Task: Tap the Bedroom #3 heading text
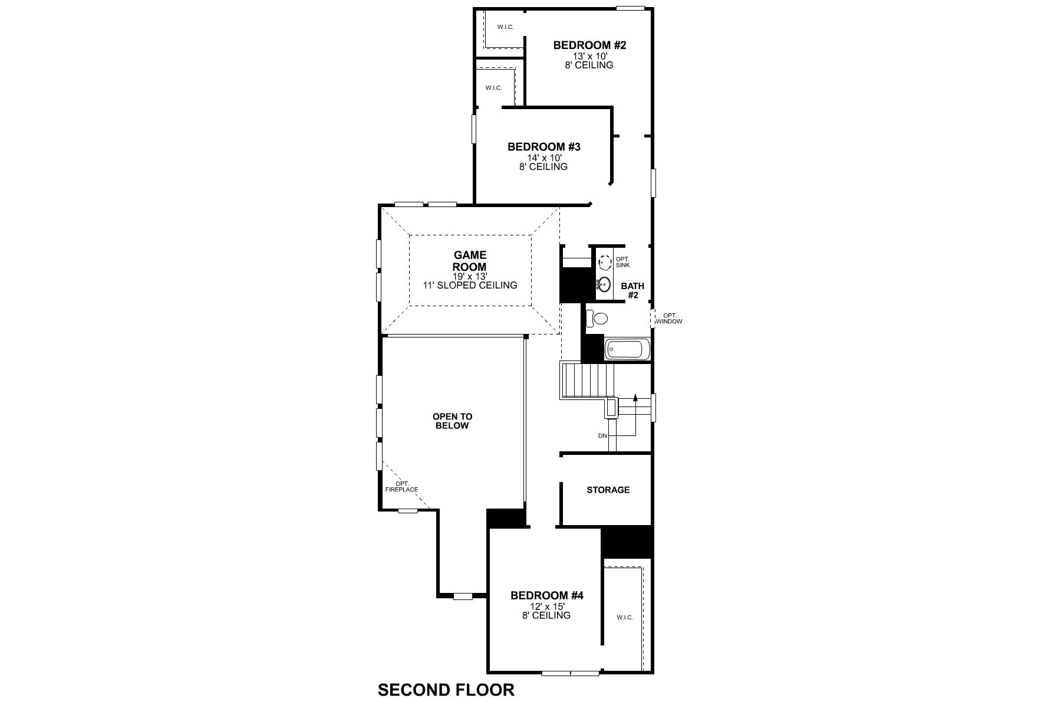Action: tap(543, 147)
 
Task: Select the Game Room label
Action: tap(470, 261)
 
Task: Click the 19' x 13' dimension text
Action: tap(470, 276)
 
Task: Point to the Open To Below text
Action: tap(452, 421)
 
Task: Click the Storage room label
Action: tap(608, 490)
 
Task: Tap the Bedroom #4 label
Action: tap(546, 596)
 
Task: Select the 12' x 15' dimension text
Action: tap(546, 606)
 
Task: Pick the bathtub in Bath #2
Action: tap(627, 349)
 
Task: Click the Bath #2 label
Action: tap(632, 290)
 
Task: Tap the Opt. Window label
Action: tap(669, 319)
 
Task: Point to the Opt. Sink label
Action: tap(622, 262)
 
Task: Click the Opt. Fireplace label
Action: tap(401, 487)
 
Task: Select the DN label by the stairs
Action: tap(602, 435)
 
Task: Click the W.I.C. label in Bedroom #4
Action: tap(624, 617)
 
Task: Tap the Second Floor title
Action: tap(446, 690)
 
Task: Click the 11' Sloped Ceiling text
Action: tap(470, 286)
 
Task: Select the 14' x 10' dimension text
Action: tap(543, 158)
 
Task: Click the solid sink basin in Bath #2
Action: tap(603, 284)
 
